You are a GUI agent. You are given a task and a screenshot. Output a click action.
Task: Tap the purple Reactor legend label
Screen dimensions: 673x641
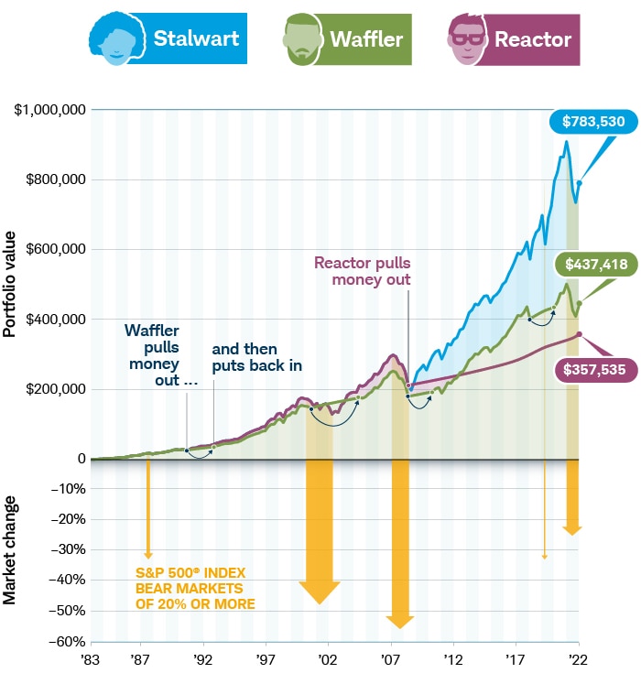[532, 38]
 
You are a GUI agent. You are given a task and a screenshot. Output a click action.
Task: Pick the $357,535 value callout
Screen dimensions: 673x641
[594, 370]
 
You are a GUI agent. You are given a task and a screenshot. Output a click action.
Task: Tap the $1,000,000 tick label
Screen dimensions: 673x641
[50, 110]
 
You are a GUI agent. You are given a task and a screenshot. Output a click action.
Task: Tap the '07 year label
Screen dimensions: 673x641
[391, 658]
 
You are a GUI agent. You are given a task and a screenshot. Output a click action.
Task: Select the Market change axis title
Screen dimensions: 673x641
[10, 549]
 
